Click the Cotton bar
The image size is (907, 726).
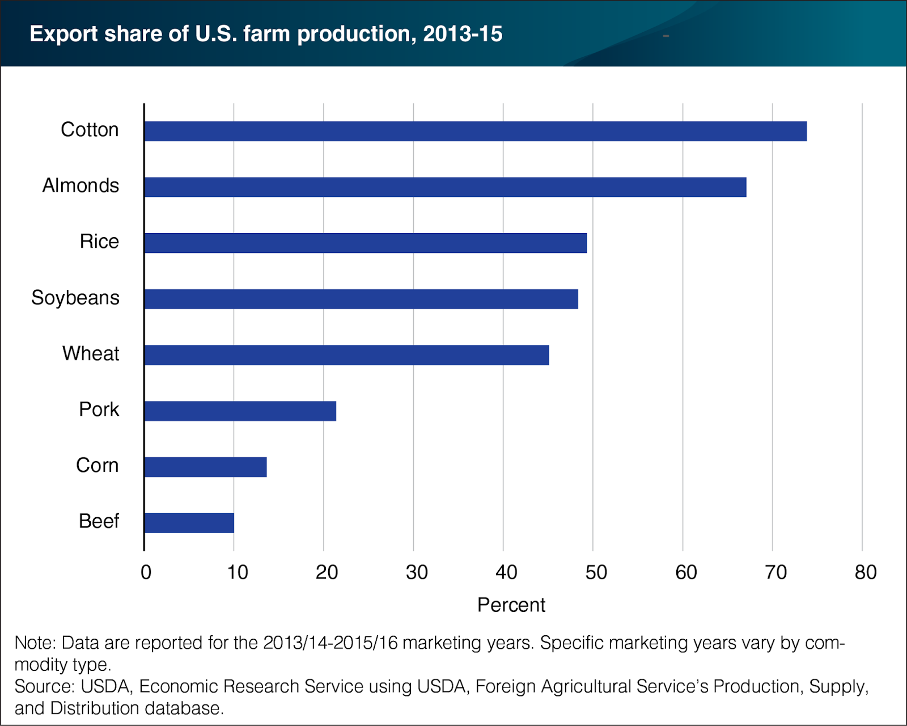pos(475,131)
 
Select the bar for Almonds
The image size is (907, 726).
pos(445,187)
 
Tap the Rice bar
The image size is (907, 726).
pos(365,243)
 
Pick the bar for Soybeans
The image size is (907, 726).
pos(361,299)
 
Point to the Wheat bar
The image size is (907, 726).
pos(346,355)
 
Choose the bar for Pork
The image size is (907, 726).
pos(240,411)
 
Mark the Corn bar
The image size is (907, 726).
pos(205,467)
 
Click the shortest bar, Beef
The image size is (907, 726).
pos(189,523)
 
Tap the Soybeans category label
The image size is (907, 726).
pos(75,298)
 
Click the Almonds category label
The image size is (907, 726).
pos(80,185)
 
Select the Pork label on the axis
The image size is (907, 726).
pos(99,410)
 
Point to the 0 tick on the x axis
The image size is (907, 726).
pos(146,572)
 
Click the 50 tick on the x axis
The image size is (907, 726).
pos(596,572)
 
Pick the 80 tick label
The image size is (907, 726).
pos(865,572)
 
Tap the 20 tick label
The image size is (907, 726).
pos(327,572)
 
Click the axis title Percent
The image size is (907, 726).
pos(511,605)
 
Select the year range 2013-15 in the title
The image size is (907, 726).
pos(462,34)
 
